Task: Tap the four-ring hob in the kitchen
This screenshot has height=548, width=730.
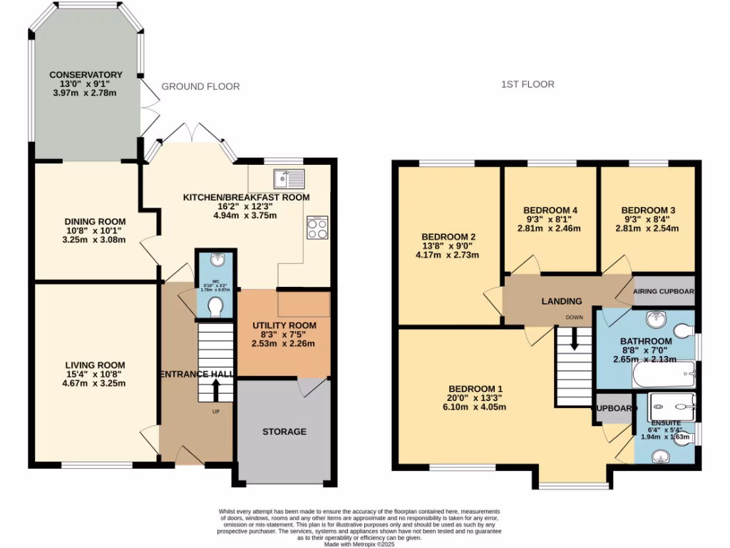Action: [x=317, y=228]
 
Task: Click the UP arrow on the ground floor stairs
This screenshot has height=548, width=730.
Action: [x=215, y=390]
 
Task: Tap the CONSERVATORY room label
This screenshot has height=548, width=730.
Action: [x=86, y=75]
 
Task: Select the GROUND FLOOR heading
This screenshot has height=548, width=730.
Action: [x=200, y=86]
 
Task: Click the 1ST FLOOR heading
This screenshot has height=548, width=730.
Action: [x=527, y=84]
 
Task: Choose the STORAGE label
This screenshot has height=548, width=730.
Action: [x=284, y=432]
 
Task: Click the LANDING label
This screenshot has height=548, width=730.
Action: [x=561, y=301]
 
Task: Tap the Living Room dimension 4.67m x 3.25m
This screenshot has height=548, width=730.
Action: [x=85, y=383]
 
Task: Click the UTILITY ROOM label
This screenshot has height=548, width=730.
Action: [x=284, y=326]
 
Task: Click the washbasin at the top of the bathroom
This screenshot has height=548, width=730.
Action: [x=655, y=318]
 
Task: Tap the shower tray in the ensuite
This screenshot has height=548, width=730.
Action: [x=672, y=407]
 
